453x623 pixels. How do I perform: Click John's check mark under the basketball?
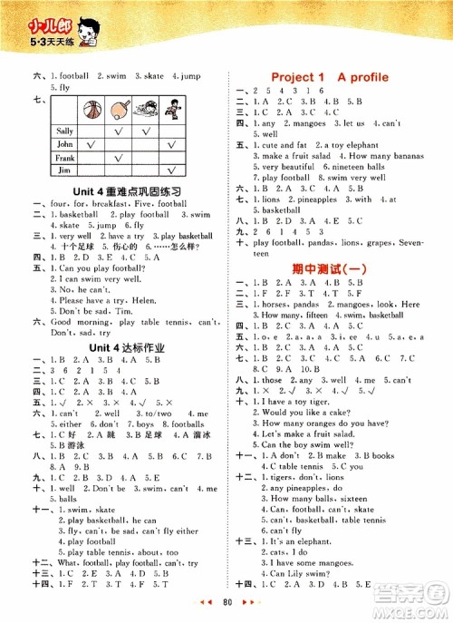pos(91,143)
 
